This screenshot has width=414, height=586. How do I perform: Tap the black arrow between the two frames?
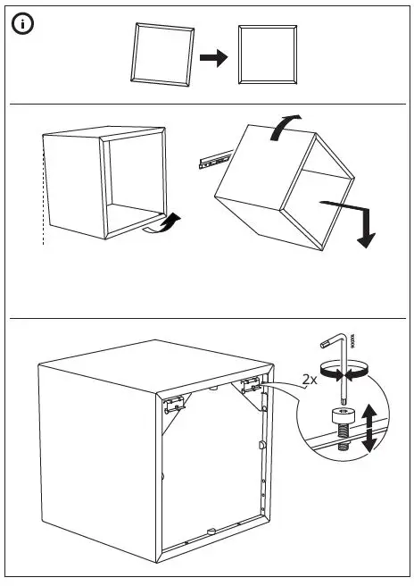click(214, 57)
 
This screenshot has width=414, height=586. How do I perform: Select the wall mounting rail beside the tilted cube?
click(211, 162)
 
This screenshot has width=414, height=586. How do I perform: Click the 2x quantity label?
click(309, 380)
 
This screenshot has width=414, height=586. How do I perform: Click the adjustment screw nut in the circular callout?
click(343, 416)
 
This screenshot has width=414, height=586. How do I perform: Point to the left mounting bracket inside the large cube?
click(177, 403)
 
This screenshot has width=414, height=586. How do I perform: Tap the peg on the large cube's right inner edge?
click(262, 445)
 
